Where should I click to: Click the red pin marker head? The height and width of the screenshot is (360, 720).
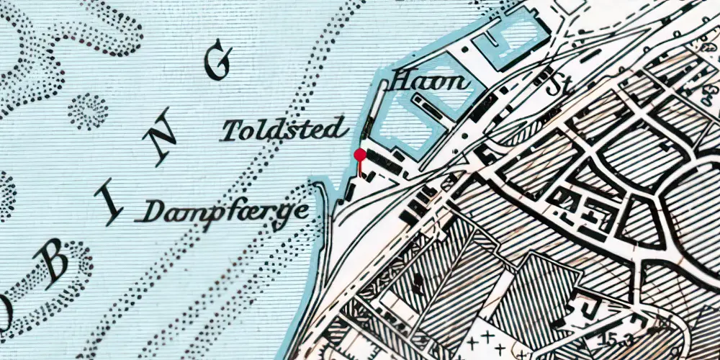pyautogui.click(x=360, y=154)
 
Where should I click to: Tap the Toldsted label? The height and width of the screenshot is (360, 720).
pyautogui.click(x=283, y=130)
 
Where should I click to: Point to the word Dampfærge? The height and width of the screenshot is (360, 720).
pyautogui.click(x=226, y=211)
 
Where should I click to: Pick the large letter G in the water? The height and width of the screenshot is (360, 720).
pyautogui.click(x=218, y=61)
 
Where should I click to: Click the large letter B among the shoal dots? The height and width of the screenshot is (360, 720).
pyautogui.click(x=56, y=267)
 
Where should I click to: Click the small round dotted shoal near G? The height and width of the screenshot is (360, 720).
pyautogui.click(x=88, y=111)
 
